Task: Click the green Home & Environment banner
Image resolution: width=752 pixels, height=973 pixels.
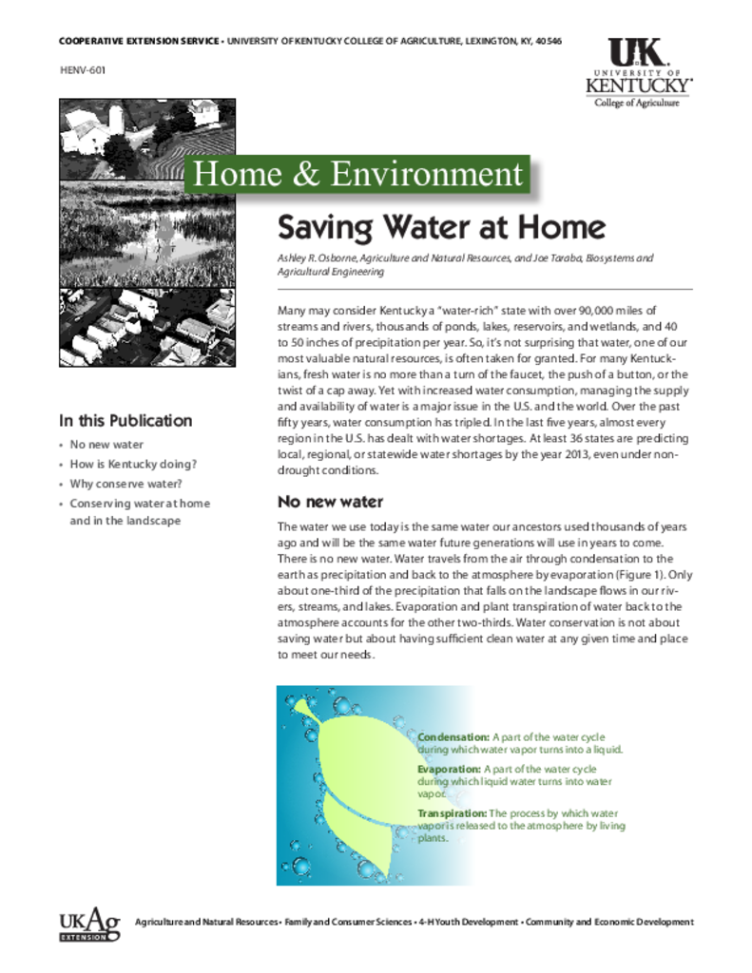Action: tap(357, 174)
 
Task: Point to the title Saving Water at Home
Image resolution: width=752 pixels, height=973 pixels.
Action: tap(440, 228)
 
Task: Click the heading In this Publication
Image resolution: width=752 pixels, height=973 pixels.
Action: tap(125, 421)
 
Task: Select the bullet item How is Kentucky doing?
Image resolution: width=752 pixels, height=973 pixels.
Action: tap(133, 465)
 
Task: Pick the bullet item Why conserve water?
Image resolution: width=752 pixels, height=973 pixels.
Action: tap(125, 484)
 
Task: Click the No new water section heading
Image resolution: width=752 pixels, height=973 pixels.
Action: tap(329, 502)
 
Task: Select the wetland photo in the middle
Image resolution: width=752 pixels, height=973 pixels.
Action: tap(147, 233)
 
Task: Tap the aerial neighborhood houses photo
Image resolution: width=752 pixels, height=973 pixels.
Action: tap(147, 327)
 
